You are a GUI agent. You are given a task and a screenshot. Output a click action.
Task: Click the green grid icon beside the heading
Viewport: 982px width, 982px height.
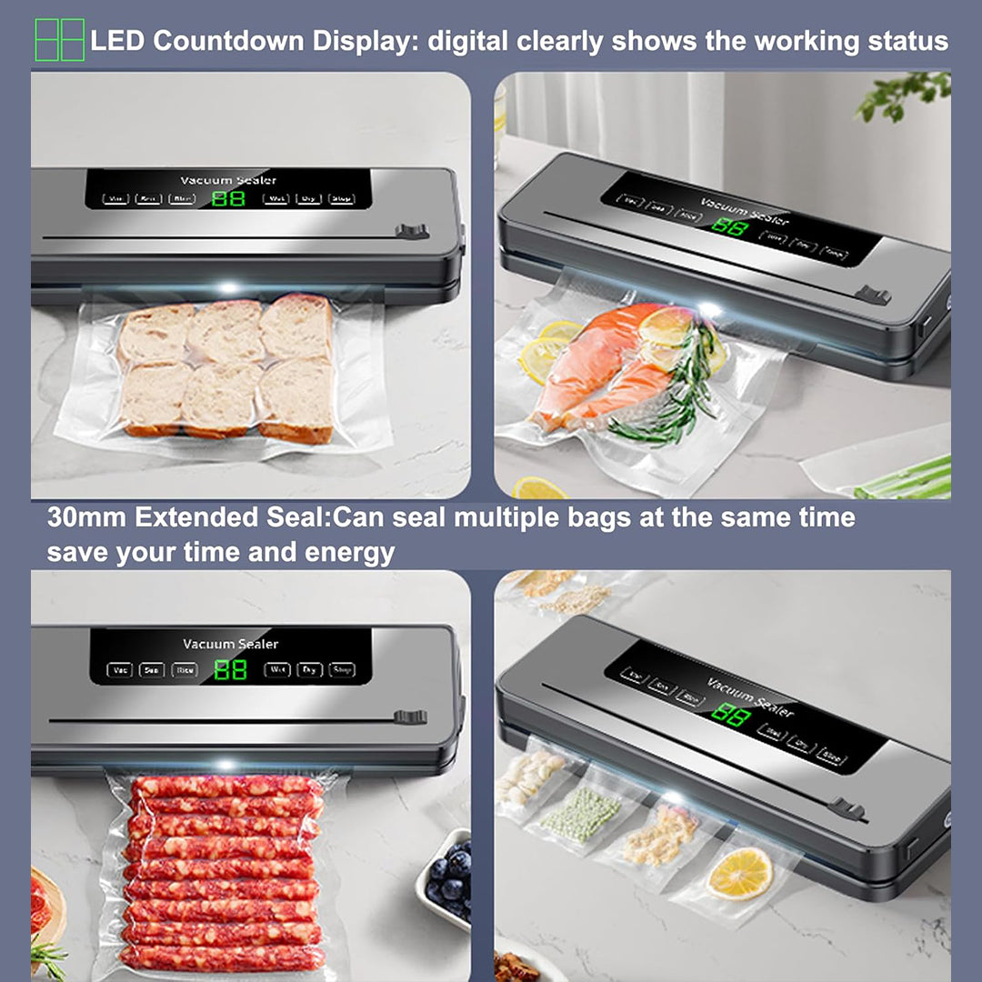pyautogui.click(x=60, y=40)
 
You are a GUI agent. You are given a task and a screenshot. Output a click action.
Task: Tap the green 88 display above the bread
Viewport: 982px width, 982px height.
pyautogui.click(x=228, y=198)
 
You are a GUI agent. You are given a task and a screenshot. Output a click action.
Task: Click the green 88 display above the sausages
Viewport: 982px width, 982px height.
pyautogui.click(x=230, y=670)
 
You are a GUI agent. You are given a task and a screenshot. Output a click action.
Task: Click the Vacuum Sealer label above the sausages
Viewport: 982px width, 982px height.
pyautogui.click(x=230, y=644)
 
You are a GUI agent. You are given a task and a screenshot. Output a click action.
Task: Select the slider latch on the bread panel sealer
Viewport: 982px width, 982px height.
pyautogui.click(x=412, y=232)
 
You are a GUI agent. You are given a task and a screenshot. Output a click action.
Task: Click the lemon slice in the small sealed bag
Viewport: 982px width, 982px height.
pyautogui.click(x=739, y=874)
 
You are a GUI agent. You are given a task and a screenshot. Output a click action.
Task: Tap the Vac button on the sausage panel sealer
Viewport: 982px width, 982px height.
pyautogui.click(x=119, y=670)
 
